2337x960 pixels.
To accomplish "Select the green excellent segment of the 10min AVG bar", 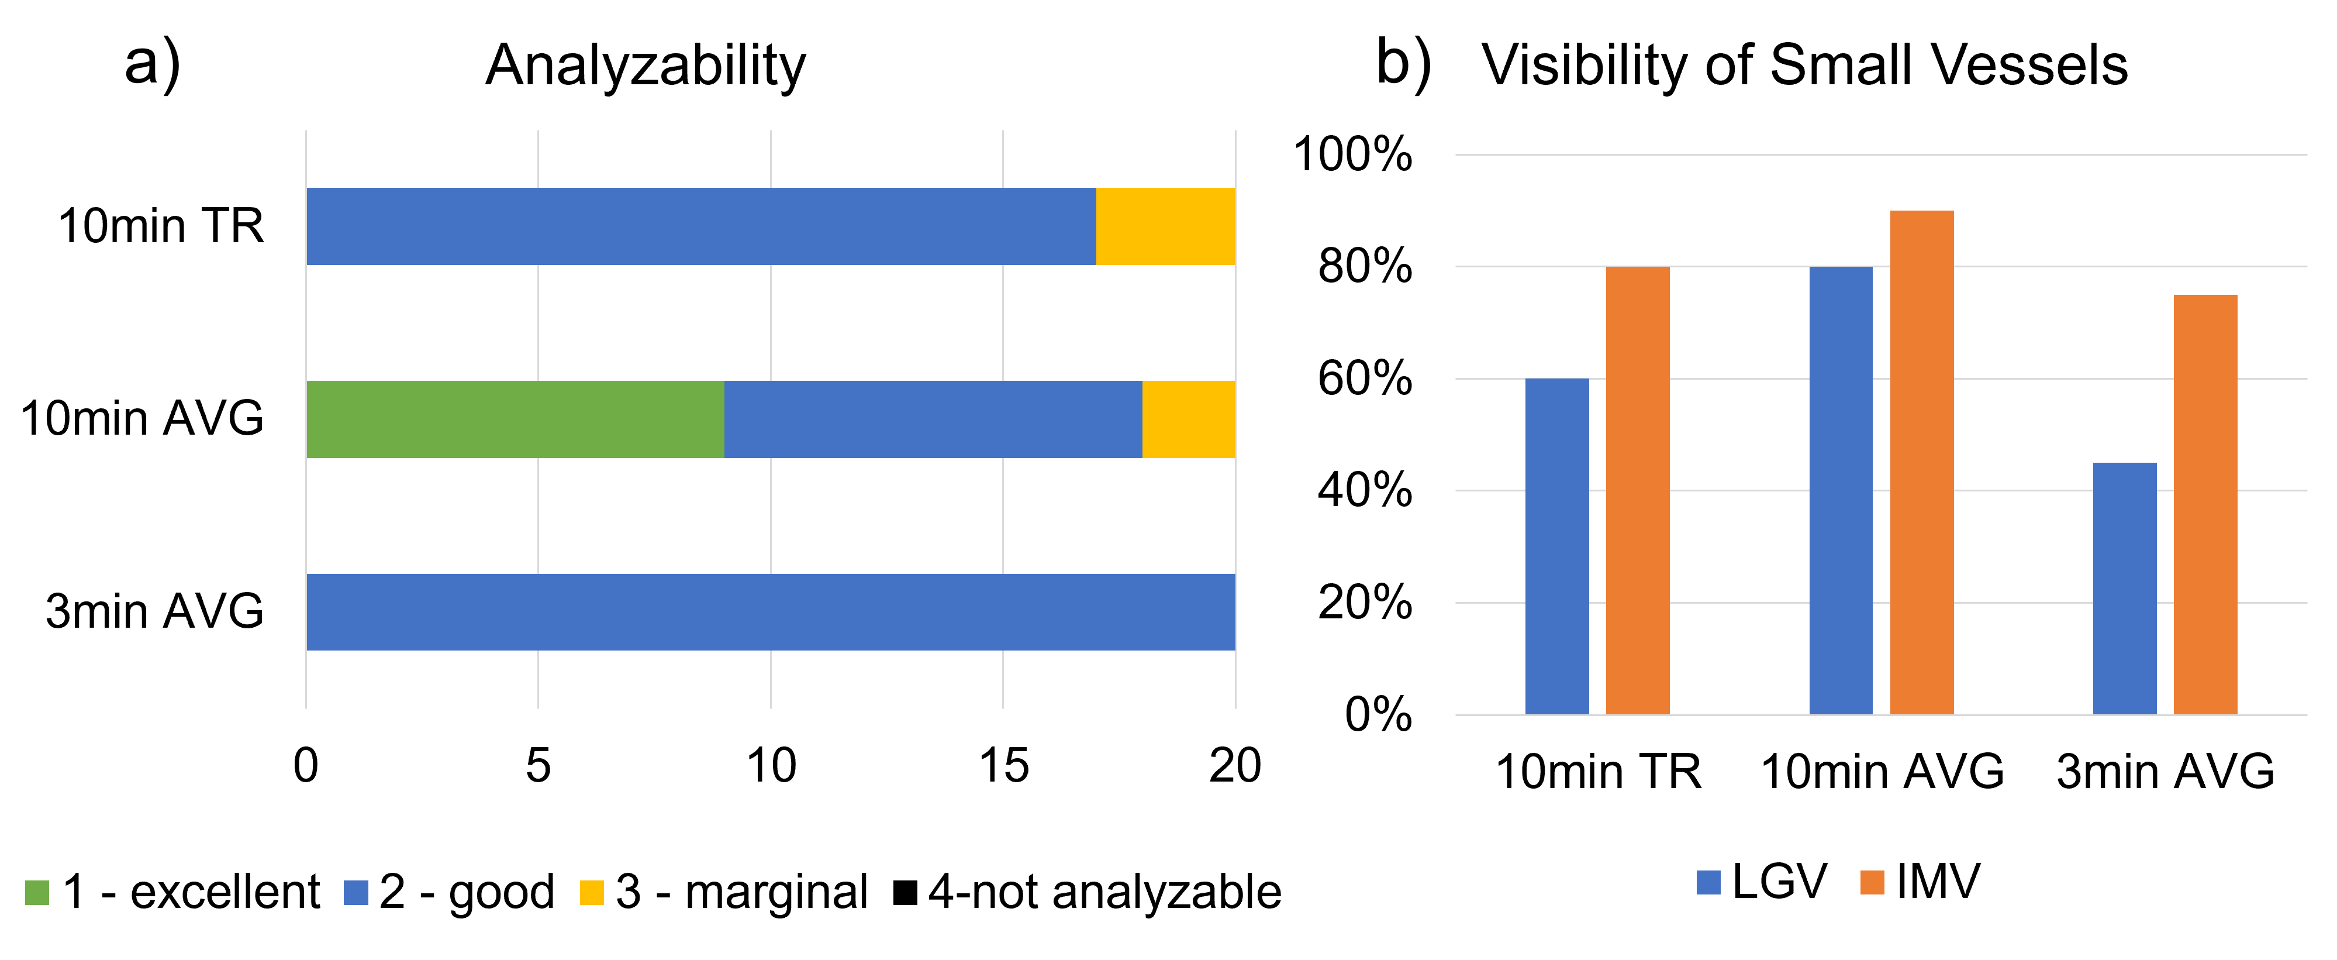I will click(515, 419).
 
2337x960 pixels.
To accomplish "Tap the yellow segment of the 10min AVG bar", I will click(1189, 419).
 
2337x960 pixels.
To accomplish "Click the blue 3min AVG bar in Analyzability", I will click(770, 611).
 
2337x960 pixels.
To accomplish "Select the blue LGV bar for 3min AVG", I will click(2125, 588).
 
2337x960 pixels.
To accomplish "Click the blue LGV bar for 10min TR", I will click(1557, 546).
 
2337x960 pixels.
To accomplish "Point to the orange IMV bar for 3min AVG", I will click(2205, 504).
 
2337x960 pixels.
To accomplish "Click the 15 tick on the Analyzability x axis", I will click(1003, 765).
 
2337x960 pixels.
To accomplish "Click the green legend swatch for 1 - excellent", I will click(36, 893).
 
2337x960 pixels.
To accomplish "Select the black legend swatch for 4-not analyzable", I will click(905, 893).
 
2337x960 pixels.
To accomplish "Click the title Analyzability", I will click(645, 66).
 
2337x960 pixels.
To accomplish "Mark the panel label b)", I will click(1403, 64).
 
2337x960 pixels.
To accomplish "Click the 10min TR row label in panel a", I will click(161, 226).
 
